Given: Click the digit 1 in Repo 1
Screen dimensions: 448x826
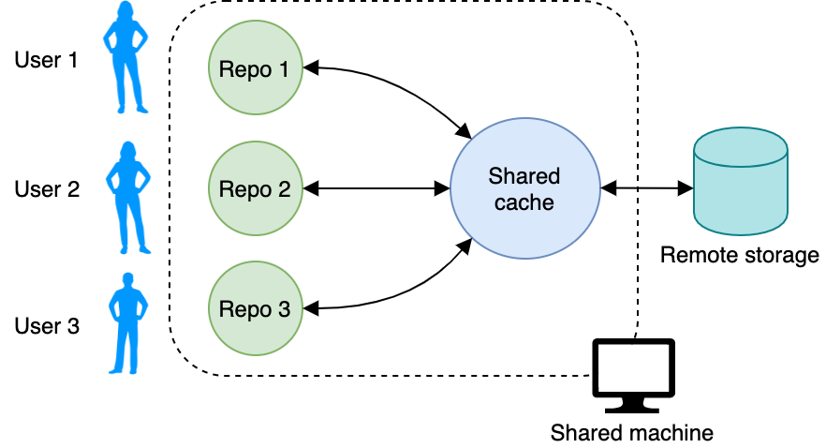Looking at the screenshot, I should pos(284,69).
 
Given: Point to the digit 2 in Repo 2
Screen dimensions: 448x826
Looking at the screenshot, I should pos(284,189).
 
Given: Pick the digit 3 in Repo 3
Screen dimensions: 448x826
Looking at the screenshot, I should pos(284,309).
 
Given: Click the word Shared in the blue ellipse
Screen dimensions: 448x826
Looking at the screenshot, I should pos(524,176).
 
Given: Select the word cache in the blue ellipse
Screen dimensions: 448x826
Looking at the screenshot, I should pos(524,202).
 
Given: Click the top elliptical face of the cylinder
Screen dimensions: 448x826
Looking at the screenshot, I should pos(740,147).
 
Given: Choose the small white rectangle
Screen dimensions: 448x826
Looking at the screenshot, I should pos(633,366).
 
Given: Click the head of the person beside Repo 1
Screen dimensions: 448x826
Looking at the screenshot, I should pos(125,11).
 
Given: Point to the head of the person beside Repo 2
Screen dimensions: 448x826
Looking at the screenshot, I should pos(127,150).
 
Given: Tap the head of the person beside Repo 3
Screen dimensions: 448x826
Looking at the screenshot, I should pos(128,278).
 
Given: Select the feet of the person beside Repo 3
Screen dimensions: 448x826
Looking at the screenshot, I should pos(127,369).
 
